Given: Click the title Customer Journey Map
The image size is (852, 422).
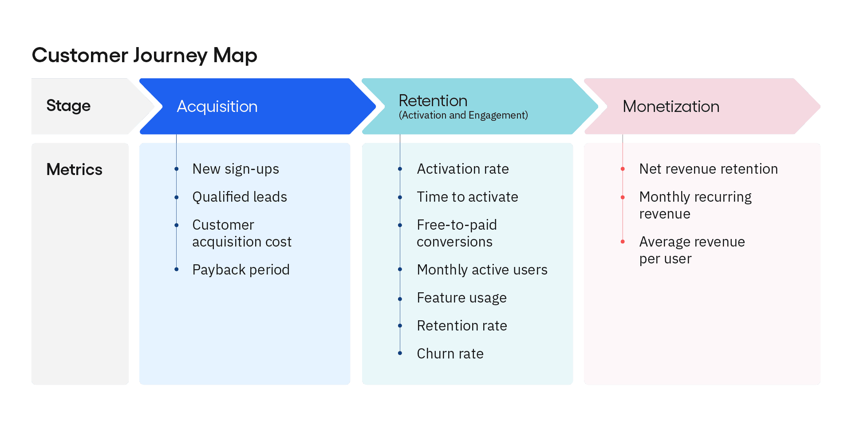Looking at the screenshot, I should [144, 56].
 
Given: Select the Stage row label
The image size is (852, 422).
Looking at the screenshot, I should [68, 106].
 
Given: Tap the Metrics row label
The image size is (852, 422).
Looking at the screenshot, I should [74, 170].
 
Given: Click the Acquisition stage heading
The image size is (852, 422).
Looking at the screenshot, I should [217, 107].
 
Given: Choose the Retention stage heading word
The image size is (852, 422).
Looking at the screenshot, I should [433, 101].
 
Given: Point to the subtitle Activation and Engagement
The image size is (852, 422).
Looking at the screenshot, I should [463, 115].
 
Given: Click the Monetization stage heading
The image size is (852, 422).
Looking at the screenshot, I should [671, 107].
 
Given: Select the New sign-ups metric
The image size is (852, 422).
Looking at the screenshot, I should [236, 169].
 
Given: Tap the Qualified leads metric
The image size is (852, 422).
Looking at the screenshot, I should [240, 197].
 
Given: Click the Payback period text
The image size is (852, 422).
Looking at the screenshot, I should [241, 270].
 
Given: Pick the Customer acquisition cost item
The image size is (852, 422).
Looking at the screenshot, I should [241, 233].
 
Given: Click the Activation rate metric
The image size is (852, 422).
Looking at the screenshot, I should [462, 169].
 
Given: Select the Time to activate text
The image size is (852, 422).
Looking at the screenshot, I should [467, 197].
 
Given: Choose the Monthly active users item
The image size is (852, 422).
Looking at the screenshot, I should [482, 270].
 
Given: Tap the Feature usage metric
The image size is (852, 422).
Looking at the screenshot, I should [461, 298].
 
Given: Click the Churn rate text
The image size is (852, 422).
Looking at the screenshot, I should [450, 354].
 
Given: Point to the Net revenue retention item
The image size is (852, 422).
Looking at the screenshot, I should [708, 169].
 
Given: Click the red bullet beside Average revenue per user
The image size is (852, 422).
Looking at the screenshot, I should [623, 242].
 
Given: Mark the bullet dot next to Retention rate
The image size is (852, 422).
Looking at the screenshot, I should [400, 326].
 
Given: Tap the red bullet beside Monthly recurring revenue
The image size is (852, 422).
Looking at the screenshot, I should [623, 197].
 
